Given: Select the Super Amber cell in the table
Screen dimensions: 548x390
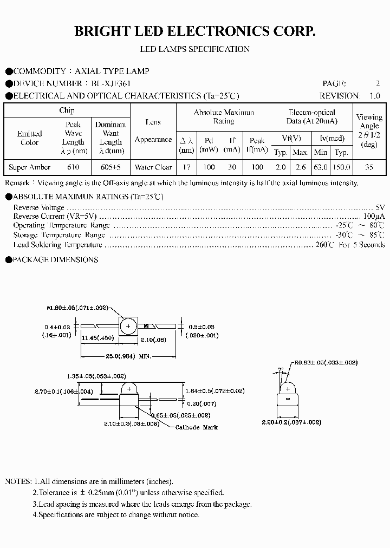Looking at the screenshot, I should click(29, 167).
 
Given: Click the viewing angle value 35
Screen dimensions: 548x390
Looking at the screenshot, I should click(369, 167).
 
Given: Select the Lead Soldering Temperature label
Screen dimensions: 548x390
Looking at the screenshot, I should click(58, 245).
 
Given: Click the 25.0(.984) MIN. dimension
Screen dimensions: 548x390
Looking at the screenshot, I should click(128, 357).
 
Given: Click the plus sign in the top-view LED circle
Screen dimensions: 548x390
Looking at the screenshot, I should click(128, 327).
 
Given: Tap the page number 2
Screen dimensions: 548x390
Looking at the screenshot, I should click(378, 83).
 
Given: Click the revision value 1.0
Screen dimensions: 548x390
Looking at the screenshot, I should click(374, 96).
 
